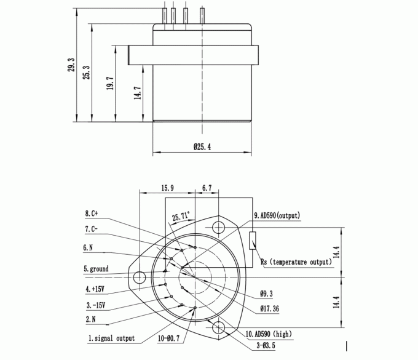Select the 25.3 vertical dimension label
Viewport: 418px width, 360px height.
87,73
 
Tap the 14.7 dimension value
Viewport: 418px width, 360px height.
138,93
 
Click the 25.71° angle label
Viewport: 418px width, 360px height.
181,216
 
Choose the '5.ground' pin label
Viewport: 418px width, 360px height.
96,269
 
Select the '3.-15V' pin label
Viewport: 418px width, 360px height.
95,305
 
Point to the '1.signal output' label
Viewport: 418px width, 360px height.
111,338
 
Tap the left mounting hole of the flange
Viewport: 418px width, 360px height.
140,277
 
